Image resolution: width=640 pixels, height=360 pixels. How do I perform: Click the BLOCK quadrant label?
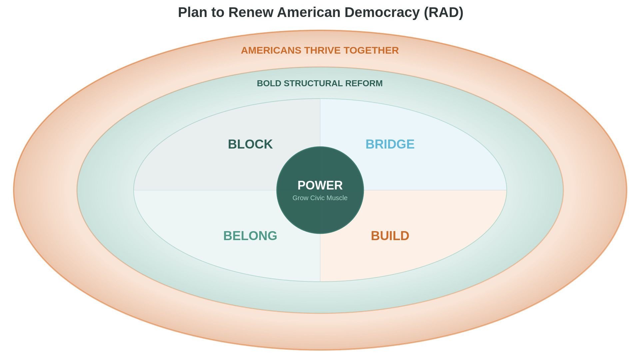click(x=250, y=144)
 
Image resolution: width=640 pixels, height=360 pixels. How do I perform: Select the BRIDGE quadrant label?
click(x=390, y=144)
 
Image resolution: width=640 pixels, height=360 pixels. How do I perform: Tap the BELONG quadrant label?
click(x=250, y=236)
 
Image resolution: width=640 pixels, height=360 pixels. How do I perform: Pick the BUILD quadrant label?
click(x=390, y=236)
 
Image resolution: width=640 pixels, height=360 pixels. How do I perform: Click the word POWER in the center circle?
click(x=320, y=185)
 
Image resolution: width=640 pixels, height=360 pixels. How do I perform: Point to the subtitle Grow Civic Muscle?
click(x=320, y=198)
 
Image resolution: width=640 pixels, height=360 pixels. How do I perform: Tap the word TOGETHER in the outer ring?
click(x=371, y=50)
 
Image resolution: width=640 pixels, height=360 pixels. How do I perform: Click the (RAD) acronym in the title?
click(x=443, y=12)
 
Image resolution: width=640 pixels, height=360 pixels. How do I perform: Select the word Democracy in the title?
click(x=382, y=12)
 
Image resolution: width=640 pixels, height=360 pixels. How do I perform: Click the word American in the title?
click(x=309, y=12)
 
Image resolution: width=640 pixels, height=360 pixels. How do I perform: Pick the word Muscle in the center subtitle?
click(x=337, y=198)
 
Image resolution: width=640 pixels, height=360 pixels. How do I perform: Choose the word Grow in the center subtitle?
click(x=300, y=198)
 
